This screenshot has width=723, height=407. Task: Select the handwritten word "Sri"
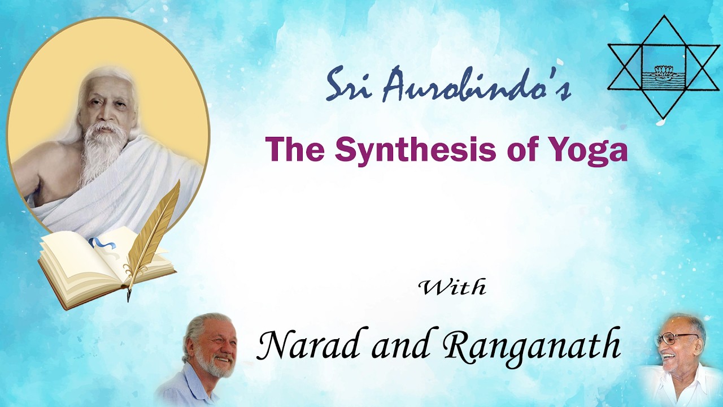point(351,85)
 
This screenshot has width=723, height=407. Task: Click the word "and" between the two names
point(404,345)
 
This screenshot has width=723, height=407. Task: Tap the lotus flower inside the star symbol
point(665,71)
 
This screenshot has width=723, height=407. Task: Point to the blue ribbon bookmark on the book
point(100,244)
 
